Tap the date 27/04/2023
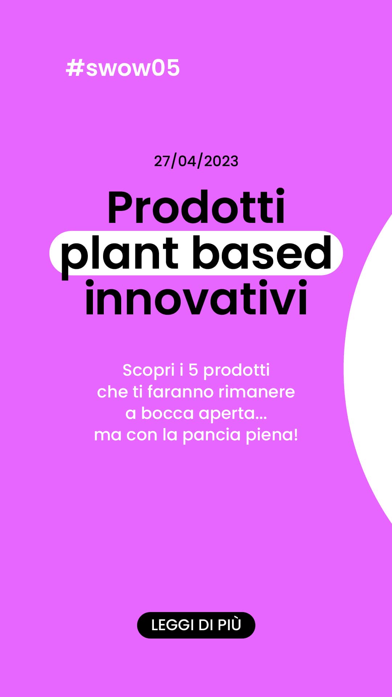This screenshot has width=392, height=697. click(196, 161)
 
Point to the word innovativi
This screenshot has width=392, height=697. click(196, 298)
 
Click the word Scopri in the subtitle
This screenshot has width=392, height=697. click(149, 371)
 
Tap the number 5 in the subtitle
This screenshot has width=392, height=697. click(193, 370)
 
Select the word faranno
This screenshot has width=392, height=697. click(180, 392)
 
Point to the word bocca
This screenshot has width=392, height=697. click(167, 413)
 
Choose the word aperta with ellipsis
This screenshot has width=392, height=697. click(233, 414)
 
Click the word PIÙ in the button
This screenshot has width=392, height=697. click(229, 624)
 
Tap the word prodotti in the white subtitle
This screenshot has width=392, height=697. click(236, 371)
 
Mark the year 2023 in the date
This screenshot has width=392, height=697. click(221, 161)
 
